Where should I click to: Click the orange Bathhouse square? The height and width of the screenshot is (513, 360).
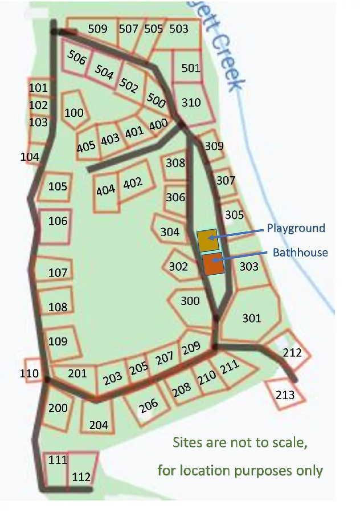click(212, 264)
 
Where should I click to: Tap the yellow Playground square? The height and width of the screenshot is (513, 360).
click(207, 241)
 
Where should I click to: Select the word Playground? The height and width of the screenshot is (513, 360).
click(296, 229)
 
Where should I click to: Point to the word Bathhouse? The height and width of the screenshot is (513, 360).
click(300, 252)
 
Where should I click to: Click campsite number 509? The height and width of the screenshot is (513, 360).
click(97, 28)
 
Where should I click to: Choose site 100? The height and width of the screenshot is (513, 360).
click(74, 112)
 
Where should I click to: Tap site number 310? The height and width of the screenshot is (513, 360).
click(191, 103)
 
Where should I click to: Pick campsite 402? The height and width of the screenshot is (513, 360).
click(132, 183)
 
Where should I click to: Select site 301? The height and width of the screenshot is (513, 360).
click(251, 317)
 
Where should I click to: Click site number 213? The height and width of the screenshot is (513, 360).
click(285, 394)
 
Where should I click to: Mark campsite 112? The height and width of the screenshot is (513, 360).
click(81, 477)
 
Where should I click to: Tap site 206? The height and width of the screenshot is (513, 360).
click(148, 406)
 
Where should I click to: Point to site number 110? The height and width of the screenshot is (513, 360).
click(29, 373)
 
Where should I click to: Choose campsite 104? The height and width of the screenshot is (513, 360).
click(30, 157)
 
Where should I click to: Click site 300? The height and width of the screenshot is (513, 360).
click(190, 300)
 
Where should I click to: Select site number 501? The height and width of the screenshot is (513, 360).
click(191, 68)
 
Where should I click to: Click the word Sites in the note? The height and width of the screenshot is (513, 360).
click(188, 443)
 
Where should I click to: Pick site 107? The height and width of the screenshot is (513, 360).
click(58, 272)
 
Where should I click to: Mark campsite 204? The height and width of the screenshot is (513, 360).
click(99, 425)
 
